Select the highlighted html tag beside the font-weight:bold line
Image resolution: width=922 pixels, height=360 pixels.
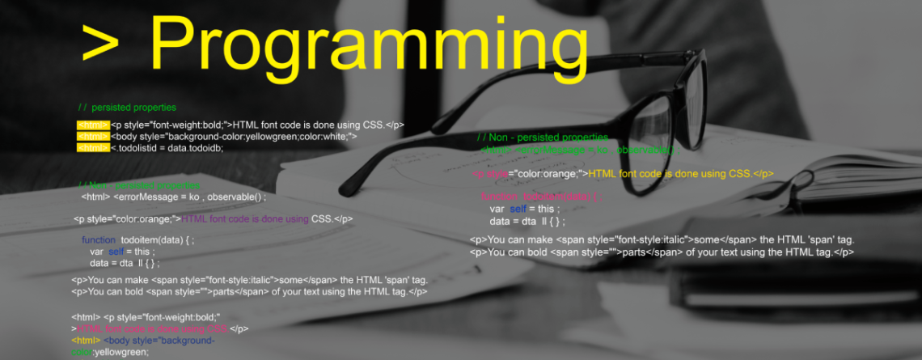coord(93,125)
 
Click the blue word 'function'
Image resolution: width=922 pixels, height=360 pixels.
coord(99,240)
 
